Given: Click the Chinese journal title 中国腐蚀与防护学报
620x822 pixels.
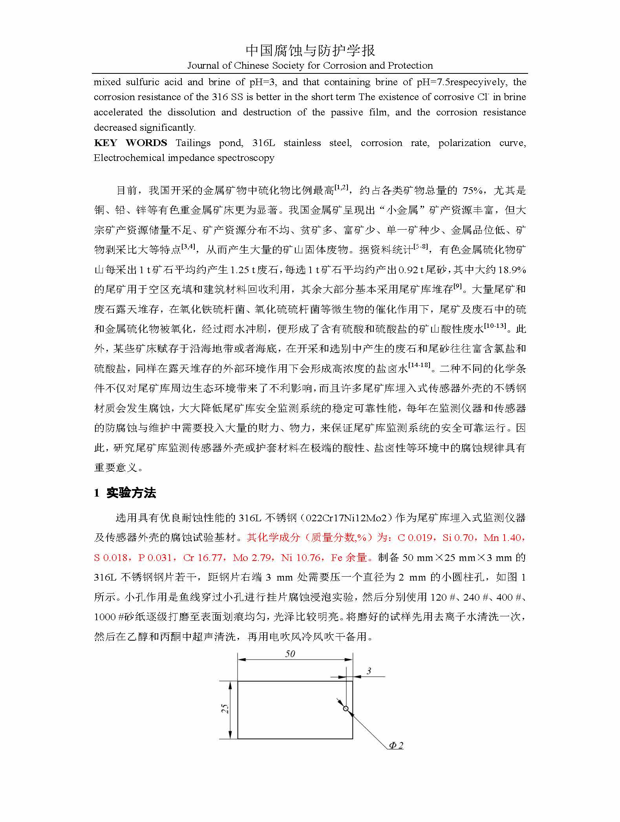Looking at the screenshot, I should pos(310,51).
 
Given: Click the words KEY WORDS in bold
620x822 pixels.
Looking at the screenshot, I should pos(130,143).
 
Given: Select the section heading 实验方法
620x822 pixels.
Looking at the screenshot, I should pos(131,493).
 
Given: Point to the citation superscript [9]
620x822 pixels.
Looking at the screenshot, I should pos(457,287).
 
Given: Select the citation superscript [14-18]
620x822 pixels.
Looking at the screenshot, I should pos(419,365).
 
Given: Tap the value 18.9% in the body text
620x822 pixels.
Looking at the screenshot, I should pos(512,270).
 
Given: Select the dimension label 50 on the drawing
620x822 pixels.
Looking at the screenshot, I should pos(290,654).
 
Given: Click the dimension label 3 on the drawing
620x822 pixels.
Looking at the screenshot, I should pos(369,671).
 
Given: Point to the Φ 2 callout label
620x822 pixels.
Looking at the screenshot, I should pos(396,745).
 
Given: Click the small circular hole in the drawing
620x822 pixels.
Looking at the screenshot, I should pos(346,709).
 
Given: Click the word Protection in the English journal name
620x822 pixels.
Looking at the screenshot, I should pos(410,66).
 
